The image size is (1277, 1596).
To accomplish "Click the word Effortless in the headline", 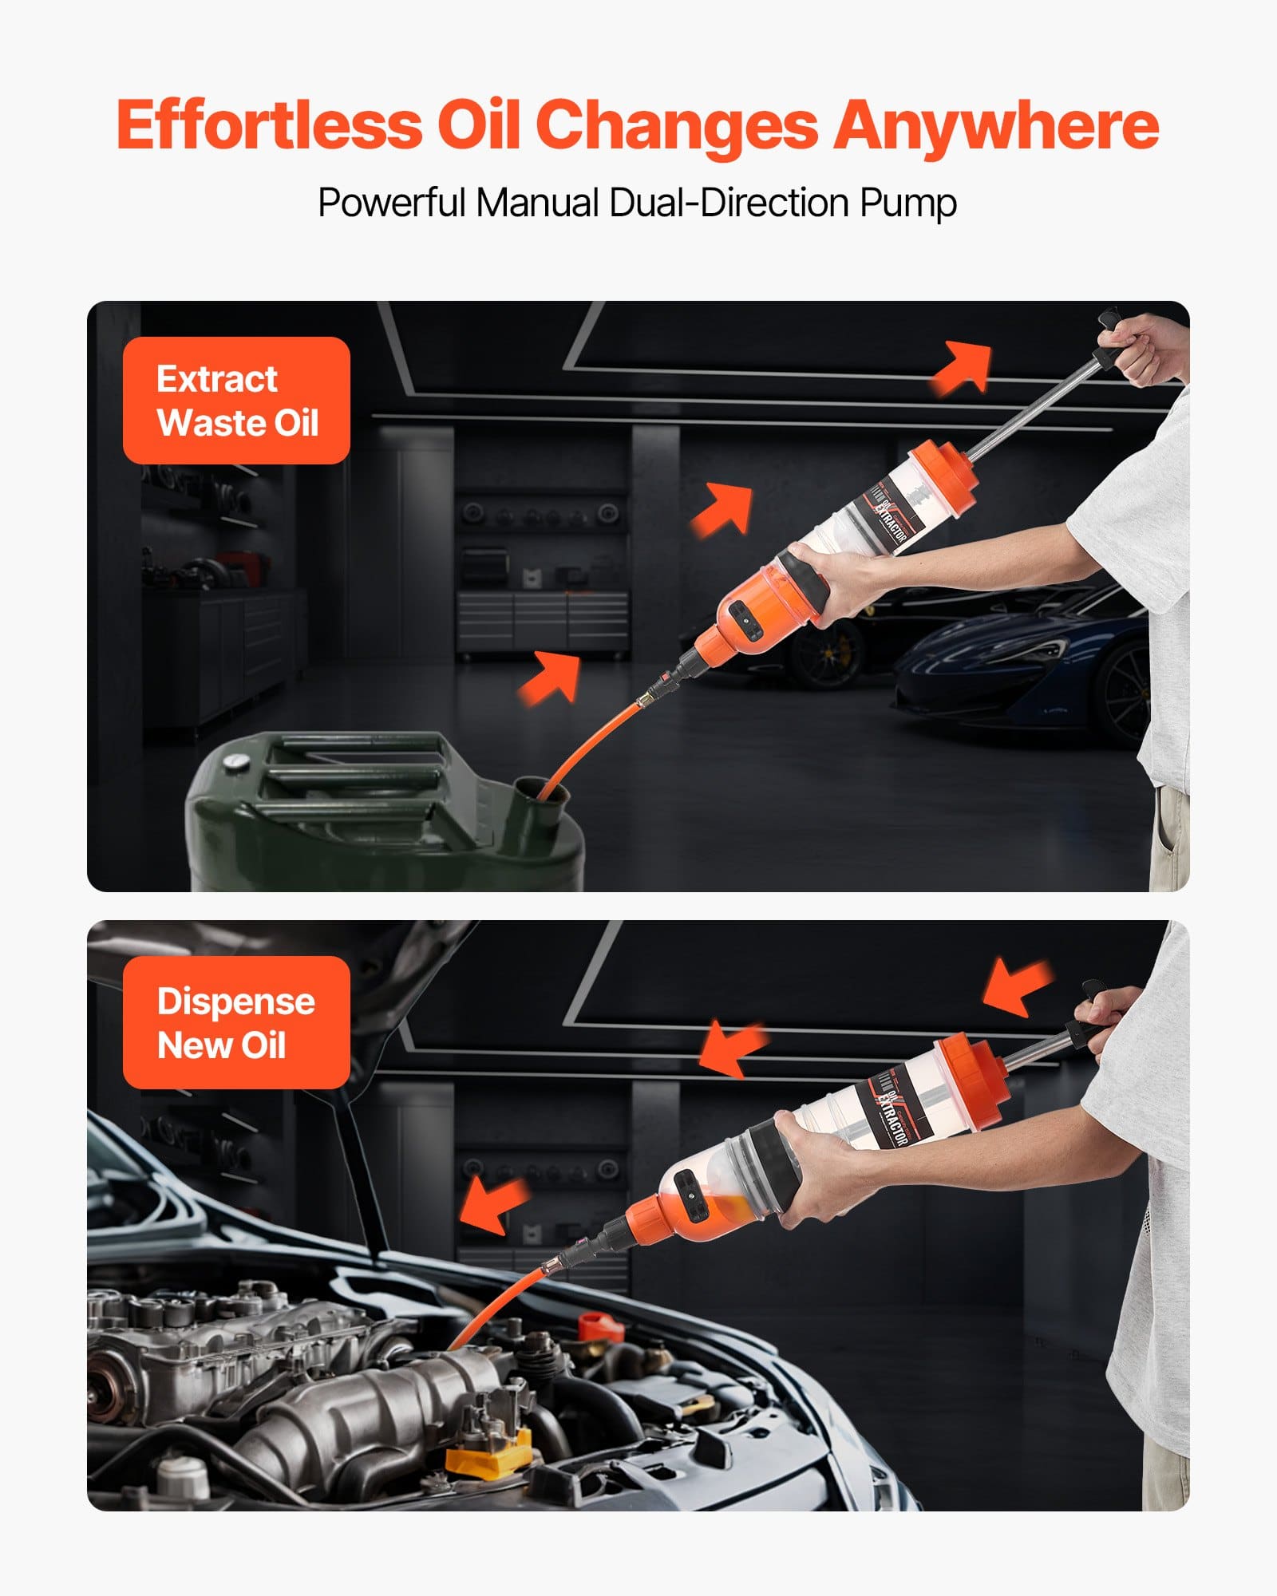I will point(268,125).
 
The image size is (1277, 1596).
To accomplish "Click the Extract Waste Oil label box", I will point(236,401).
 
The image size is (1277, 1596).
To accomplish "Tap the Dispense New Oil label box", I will point(236,1022).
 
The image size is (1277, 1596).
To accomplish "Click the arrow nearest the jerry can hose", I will point(551,677).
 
